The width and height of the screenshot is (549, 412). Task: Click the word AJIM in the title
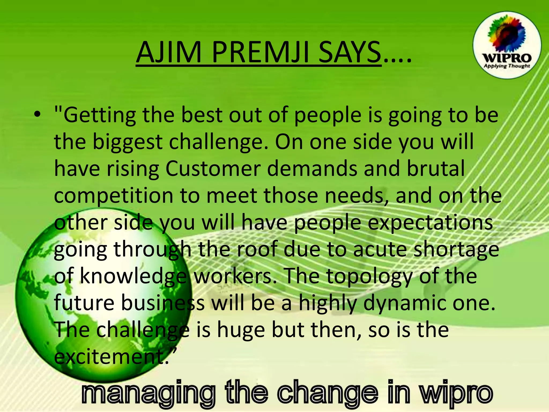click(x=169, y=52)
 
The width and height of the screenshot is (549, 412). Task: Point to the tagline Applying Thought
click(x=507, y=66)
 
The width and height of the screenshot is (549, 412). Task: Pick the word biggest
click(x=127, y=142)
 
